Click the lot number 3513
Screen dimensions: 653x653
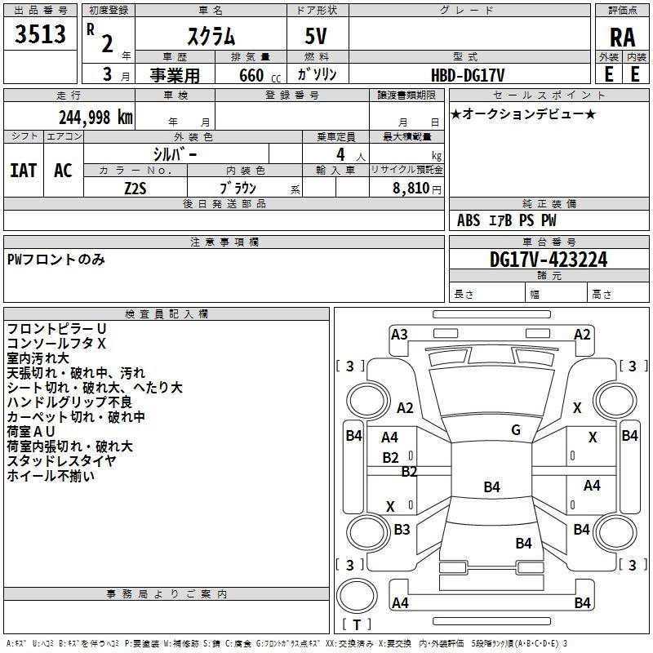coord(40,33)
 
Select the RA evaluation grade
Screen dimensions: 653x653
coord(623,38)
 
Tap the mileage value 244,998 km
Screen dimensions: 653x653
coord(96,118)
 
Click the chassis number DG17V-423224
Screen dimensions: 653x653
coord(549,260)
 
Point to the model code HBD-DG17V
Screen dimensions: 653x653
coord(468,75)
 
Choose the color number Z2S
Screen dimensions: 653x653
coord(135,189)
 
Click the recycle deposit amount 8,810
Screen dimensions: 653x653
coord(411,188)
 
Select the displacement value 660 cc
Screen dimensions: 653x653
coord(260,75)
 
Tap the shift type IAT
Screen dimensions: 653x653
coord(24,171)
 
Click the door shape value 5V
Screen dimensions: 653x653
coord(316,36)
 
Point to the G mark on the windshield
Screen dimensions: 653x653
coord(516,430)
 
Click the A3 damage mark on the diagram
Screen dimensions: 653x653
coord(399,335)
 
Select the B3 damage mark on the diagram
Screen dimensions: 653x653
coord(402,529)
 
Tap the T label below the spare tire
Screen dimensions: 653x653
coord(357,624)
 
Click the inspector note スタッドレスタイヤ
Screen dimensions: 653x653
coord(62,460)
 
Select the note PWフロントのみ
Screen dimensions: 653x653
coord(56,260)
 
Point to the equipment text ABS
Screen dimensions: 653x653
coord(469,220)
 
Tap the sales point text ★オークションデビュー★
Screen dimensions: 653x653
coord(523,113)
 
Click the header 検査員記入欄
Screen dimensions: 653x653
coord(167,314)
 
